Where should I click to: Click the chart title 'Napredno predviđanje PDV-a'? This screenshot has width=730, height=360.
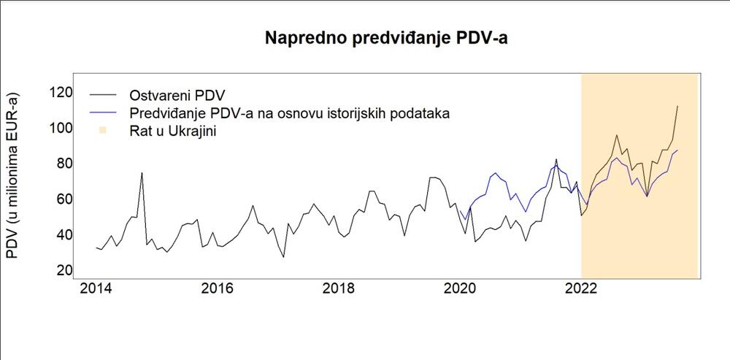click(385, 39)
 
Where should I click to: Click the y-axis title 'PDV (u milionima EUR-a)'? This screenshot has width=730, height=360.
click(12, 175)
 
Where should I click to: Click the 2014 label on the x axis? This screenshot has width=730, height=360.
click(96, 288)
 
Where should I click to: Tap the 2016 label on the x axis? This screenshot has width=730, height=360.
click(217, 288)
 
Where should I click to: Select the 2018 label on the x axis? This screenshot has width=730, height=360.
click(338, 288)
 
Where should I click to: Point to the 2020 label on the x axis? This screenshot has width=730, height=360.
click(460, 288)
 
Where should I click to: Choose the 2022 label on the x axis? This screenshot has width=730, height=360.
click(581, 288)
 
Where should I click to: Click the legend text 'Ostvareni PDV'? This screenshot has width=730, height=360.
click(177, 96)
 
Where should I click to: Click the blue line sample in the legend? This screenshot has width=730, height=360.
click(103, 113)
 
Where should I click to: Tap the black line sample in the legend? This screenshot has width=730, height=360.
click(103, 96)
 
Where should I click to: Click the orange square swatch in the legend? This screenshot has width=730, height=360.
click(103, 131)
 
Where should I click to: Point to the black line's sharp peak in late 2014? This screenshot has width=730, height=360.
click(142, 173)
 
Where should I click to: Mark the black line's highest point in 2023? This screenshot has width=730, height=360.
click(677, 107)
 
